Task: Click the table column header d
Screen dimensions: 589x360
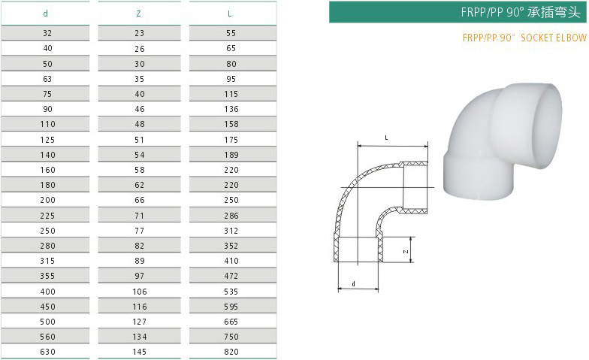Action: coord(45,14)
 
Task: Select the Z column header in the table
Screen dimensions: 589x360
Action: coord(138,14)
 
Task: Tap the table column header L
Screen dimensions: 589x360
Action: coord(230,14)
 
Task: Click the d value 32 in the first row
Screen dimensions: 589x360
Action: coord(47,33)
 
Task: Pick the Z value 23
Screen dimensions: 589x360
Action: coord(140,33)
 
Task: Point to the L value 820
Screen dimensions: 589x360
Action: coord(231,352)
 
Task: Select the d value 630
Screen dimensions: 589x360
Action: coord(48,352)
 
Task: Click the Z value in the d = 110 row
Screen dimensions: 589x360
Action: coord(140,124)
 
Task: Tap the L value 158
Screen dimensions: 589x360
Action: coord(231,124)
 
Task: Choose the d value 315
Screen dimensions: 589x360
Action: coord(48,261)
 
